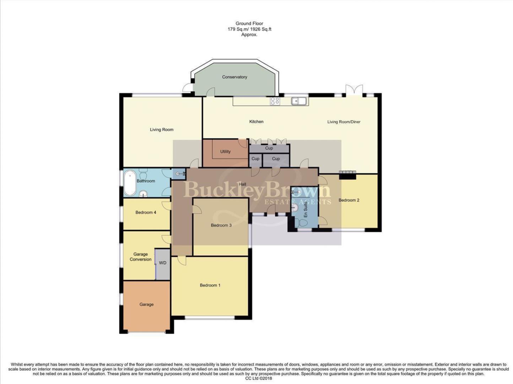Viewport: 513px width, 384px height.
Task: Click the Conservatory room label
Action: [234, 77]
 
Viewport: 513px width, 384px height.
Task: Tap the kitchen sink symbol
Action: [299, 101]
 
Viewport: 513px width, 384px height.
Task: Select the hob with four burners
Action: [275, 101]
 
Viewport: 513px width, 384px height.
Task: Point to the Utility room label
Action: [225, 151]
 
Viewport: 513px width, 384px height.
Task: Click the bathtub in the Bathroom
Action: [130, 183]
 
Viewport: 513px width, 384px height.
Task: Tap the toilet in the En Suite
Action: [301, 223]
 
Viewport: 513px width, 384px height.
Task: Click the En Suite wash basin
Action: [295, 207]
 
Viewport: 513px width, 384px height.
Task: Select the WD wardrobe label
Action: [163, 263]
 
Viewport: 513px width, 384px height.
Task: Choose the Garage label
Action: [146, 304]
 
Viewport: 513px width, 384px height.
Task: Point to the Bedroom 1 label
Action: [210, 285]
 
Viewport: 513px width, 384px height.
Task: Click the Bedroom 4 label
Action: [146, 213]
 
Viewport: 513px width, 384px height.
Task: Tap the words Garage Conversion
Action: [140, 257]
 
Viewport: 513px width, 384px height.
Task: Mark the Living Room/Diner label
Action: [344, 122]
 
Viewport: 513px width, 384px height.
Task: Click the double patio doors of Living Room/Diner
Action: [355, 90]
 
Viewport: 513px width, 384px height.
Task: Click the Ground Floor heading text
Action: [249, 23]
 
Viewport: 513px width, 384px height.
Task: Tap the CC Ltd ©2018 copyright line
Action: [258, 379]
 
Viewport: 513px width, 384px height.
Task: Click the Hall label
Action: [242, 184]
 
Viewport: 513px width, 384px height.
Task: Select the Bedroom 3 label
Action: [221, 225]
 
